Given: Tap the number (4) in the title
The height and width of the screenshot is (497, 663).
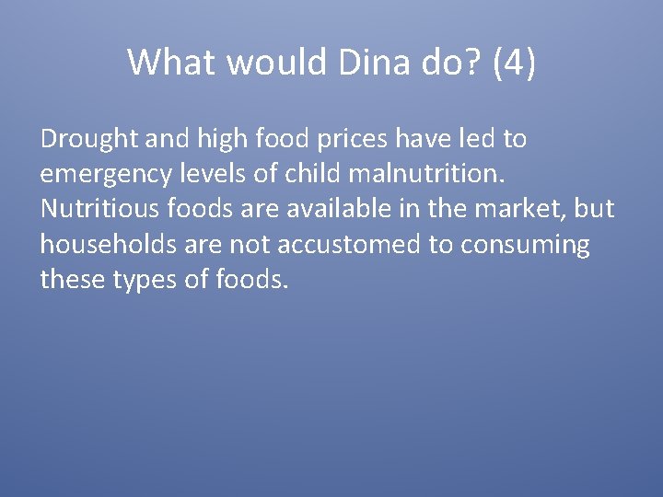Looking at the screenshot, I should pos(514,63).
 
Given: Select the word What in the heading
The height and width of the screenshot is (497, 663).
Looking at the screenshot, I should pos(172,63).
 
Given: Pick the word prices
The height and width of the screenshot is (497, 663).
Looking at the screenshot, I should pos(365,140).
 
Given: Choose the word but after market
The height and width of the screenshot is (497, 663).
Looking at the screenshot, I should pos(594,210).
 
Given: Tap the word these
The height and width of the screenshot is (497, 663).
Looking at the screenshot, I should pos(71,280).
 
